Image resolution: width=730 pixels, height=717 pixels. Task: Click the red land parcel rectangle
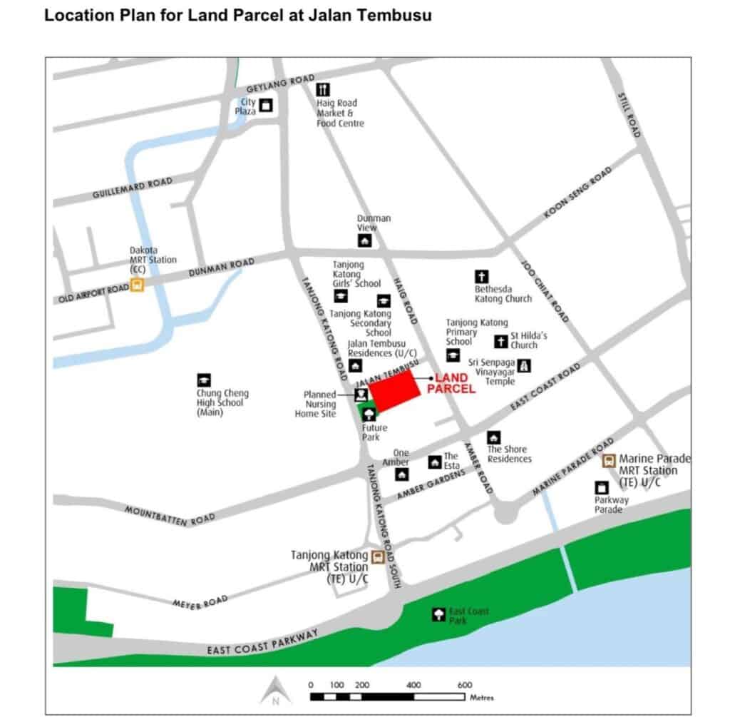[x=394, y=391]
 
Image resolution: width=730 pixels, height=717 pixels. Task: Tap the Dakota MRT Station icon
[x=138, y=285]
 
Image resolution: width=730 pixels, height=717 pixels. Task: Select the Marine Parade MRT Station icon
[x=610, y=460]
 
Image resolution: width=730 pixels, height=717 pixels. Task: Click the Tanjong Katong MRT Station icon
[x=378, y=556]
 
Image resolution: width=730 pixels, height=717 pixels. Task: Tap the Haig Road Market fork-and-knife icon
[x=323, y=90]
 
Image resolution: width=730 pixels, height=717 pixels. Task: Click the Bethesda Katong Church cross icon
[x=482, y=277]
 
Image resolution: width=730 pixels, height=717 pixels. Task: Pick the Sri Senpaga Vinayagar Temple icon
[x=525, y=365]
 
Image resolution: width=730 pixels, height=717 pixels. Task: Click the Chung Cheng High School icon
[x=204, y=381]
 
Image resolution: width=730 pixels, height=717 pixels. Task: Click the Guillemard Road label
[x=133, y=188]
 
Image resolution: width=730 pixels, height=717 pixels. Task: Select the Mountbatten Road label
[x=170, y=516]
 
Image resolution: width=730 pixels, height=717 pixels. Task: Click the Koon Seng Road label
[x=578, y=193]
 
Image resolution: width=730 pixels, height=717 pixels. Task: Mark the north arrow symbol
[x=274, y=690]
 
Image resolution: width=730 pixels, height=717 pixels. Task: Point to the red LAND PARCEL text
[x=451, y=383]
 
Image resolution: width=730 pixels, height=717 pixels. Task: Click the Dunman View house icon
[x=364, y=241]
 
